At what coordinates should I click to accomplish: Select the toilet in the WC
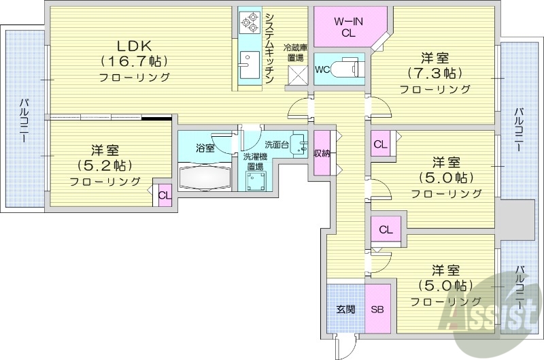click(x=347, y=69)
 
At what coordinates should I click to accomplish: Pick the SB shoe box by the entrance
click(x=377, y=309)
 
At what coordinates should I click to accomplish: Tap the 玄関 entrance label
click(x=345, y=309)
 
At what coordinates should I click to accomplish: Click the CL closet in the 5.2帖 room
click(x=163, y=195)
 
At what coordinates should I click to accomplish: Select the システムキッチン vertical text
click(x=269, y=48)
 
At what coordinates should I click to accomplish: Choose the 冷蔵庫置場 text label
click(x=296, y=52)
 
